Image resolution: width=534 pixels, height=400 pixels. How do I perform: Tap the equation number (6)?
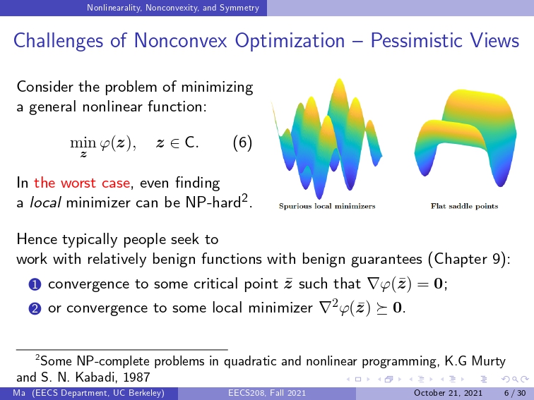pyautogui.click(x=242, y=143)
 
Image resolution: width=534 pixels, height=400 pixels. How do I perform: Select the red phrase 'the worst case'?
pyautogui.click(x=82, y=183)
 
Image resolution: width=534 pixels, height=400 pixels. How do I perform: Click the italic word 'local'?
pyautogui.click(x=45, y=202)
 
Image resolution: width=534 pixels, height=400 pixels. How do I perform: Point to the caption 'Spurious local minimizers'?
pyautogui.click(x=327, y=206)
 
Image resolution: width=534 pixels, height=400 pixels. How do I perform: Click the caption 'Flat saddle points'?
pyautogui.click(x=464, y=206)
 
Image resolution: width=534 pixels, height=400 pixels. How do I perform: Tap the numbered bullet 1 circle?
pyautogui.click(x=35, y=284)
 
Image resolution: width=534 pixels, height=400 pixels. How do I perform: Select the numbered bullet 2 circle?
pyautogui.click(x=35, y=308)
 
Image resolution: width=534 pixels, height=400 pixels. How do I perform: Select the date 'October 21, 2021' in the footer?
pyautogui.click(x=448, y=393)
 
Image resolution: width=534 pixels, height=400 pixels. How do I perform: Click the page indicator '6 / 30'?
pyautogui.click(x=515, y=393)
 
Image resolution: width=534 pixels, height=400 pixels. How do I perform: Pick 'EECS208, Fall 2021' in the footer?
pyautogui.click(x=267, y=393)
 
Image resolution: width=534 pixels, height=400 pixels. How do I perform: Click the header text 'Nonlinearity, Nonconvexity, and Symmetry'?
pyautogui.click(x=173, y=8)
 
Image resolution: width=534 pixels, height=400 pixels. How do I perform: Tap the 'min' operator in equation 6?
pyautogui.click(x=78, y=143)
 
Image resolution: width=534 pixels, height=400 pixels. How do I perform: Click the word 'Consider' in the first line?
pyautogui.click(x=45, y=86)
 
